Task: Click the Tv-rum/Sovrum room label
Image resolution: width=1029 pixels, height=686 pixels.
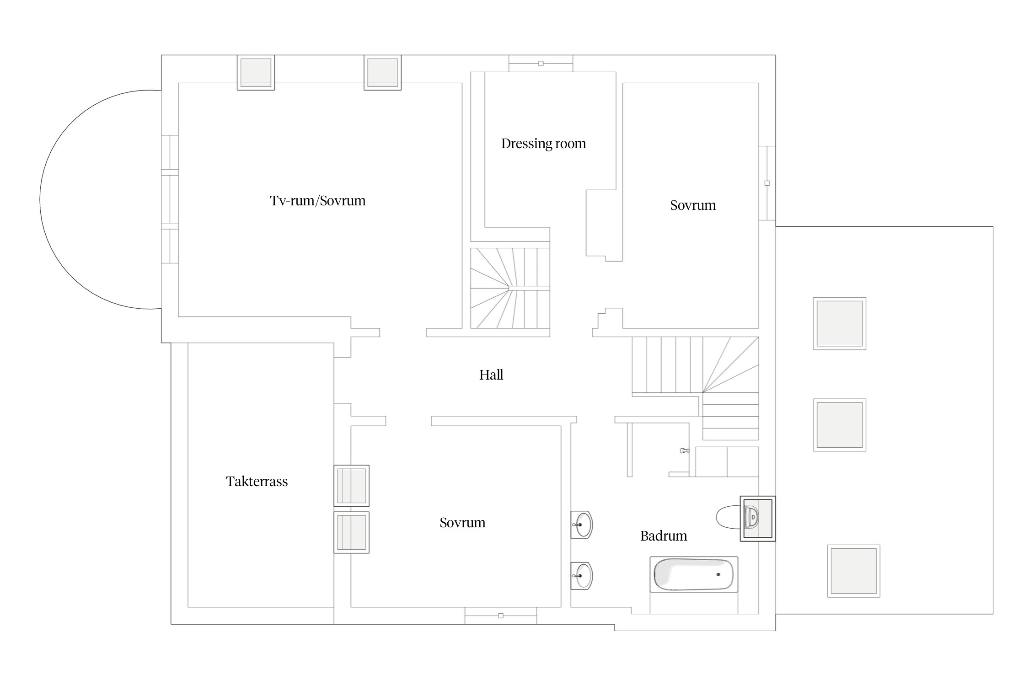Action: tap(317, 201)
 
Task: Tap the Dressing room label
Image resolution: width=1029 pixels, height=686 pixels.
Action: tap(543, 144)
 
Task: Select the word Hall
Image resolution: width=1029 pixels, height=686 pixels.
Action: tap(491, 375)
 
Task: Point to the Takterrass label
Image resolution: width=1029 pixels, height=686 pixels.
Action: tap(257, 482)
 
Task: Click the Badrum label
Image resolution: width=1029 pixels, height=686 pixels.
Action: tap(664, 536)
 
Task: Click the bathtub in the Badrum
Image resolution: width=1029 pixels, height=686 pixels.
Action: tap(694, 574)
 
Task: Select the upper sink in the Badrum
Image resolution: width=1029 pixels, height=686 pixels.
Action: tap(582, 525)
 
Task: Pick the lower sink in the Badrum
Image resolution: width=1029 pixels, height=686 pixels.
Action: tap(582, 576)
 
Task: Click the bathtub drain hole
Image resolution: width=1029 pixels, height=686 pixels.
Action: tap(718, 574)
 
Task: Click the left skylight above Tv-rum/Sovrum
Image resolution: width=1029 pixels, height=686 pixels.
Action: tap(256, 73)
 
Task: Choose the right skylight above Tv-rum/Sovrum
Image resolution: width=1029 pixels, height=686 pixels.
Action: tap(383, 73)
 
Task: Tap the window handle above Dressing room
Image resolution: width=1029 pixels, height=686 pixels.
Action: tap(541, 64)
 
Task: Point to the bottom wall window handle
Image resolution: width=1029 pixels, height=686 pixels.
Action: tap(501, 616)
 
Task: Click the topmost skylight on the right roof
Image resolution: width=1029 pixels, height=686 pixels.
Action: tap(840, 323)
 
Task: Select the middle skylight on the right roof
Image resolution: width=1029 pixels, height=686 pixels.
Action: tap(840, 425)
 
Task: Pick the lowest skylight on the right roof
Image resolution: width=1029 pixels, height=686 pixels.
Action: tap(854, 571)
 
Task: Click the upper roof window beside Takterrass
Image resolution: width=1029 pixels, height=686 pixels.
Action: tap(351, 486)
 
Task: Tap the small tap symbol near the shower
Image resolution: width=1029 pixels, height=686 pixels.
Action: tap(685, 450)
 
